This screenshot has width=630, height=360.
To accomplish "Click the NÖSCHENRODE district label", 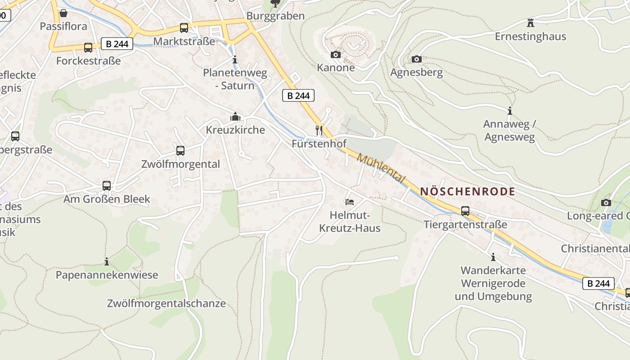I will (468, 191).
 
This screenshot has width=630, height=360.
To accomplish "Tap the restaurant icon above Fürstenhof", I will (319, 130).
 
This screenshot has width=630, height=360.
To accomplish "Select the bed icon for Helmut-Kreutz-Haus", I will (350, 202).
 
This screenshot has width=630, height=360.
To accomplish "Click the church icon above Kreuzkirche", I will (235, 117).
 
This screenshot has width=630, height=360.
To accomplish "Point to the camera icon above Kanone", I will (336, 54).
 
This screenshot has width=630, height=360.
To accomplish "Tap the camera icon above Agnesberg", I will (417, 59).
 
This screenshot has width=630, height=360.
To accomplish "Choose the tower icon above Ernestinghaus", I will (531, 22).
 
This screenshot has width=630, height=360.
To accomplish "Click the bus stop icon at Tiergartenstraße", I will (465, 211).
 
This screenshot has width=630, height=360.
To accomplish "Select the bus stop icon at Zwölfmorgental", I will (180, 151).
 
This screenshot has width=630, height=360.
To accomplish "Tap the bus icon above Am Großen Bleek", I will (107, 185).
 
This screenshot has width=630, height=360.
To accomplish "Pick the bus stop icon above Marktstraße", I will (184, 27).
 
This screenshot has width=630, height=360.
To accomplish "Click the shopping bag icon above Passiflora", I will (63, 13).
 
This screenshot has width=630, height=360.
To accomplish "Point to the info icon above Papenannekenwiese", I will (107, 261).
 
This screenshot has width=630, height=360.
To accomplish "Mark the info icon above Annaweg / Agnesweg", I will (509, 111).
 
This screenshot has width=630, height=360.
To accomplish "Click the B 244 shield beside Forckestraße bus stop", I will (117, 44).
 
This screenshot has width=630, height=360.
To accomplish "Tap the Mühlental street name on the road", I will (381, 168).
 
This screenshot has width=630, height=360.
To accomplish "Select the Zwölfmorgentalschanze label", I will (166, 303).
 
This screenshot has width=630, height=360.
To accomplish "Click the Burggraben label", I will (275, 16).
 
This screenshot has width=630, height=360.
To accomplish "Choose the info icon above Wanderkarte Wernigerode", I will (493, 257).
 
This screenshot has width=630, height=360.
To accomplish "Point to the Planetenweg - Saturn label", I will (235, 79).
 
